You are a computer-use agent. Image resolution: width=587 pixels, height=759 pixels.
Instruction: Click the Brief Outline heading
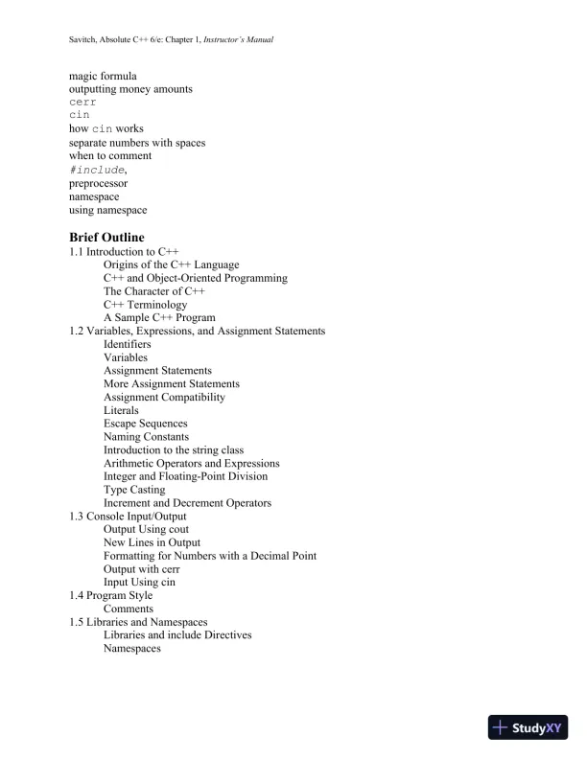tap(106, 237)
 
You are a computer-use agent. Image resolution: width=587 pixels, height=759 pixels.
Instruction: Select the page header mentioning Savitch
tap(173, 40)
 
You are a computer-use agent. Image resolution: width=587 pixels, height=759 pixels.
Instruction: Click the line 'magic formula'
tap(103, 75)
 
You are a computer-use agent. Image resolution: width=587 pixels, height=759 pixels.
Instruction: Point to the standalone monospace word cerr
tap(82, 102)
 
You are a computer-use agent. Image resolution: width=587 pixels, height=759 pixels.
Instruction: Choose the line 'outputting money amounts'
tap(130, 88)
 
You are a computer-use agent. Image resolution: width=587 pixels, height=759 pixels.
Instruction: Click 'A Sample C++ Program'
tap(159, 317)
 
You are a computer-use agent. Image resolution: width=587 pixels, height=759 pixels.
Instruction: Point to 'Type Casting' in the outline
tap(134, 490)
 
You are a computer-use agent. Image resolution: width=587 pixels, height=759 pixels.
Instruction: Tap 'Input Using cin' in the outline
tap(139, 582)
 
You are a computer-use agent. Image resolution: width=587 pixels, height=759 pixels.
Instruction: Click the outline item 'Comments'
tap(129, 609)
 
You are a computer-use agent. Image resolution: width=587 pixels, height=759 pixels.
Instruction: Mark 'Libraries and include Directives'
tap(177, 634)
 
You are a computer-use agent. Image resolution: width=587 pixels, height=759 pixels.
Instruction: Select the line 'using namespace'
tap(107, 210)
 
